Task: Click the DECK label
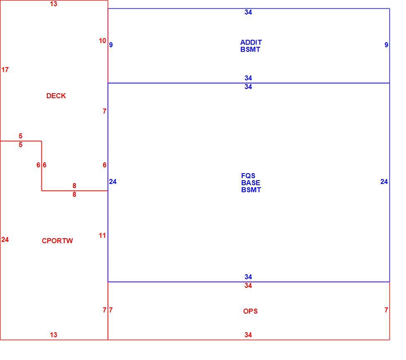pyautogui.click(x=56, y=96)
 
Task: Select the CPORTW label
pyautogui.click(x=57, y=241)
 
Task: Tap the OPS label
pyautogui.click(x=250, y=311)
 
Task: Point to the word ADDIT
pyautogui.click(x=251, y=42)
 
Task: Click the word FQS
pyautogui.click(x=248, y=176)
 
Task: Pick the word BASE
pyautogui.click(x=251, y=183)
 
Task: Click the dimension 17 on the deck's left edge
pyautogui.click(x=5, y=70)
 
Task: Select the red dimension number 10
pyautogui.click(x=102, y=41)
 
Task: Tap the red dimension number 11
pyautogui.click(x=102, y=235)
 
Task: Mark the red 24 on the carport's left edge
pyautogui.click(x=5, y=239)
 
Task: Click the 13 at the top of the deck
pyautogui.click(x=53, y=4)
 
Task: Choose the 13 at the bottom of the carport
pyautogui.click(x=53, y=335)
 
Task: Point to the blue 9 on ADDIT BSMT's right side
pyautogui.click(x=386, y=45)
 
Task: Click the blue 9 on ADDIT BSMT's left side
pyautogui.click(x=111, y=45)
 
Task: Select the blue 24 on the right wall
pyautogui.click(x=384, y=181)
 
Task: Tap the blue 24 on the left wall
pyautogui.click(x=113, y=181)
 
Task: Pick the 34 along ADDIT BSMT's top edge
pyautogui.click(x=248, y=12)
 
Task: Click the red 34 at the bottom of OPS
pyautogui.click(x=248, y=335)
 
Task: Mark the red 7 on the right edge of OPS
pyautogui.click(x=386, y=310)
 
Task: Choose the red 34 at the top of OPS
pyautogui.click(x=248, y=286)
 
